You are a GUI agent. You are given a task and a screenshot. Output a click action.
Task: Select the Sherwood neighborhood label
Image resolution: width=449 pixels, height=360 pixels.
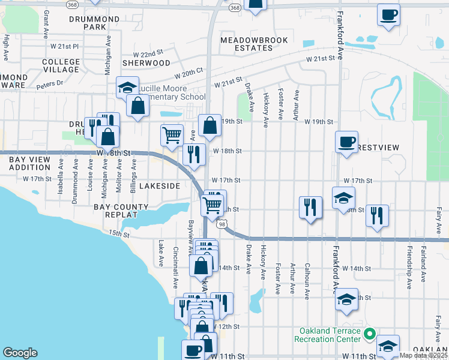[x=146, y=62]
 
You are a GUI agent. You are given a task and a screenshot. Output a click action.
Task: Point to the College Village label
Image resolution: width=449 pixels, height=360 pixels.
[x=61, y=65]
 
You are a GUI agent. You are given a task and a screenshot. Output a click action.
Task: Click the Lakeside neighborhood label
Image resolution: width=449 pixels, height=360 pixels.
[x=160, y=186]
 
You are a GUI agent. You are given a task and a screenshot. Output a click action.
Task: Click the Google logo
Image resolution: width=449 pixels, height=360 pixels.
[x=20, y=353]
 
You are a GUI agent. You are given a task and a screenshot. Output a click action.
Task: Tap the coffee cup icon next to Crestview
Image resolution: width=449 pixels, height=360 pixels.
[x=346, y=142]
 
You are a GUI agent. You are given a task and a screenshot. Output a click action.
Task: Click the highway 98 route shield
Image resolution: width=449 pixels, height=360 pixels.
[x=222, y=224]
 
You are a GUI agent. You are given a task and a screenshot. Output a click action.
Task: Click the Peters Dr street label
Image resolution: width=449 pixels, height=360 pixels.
[x=49, y=85]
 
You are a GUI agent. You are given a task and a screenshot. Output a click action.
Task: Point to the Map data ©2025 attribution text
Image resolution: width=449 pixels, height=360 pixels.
[x=424, y=355]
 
